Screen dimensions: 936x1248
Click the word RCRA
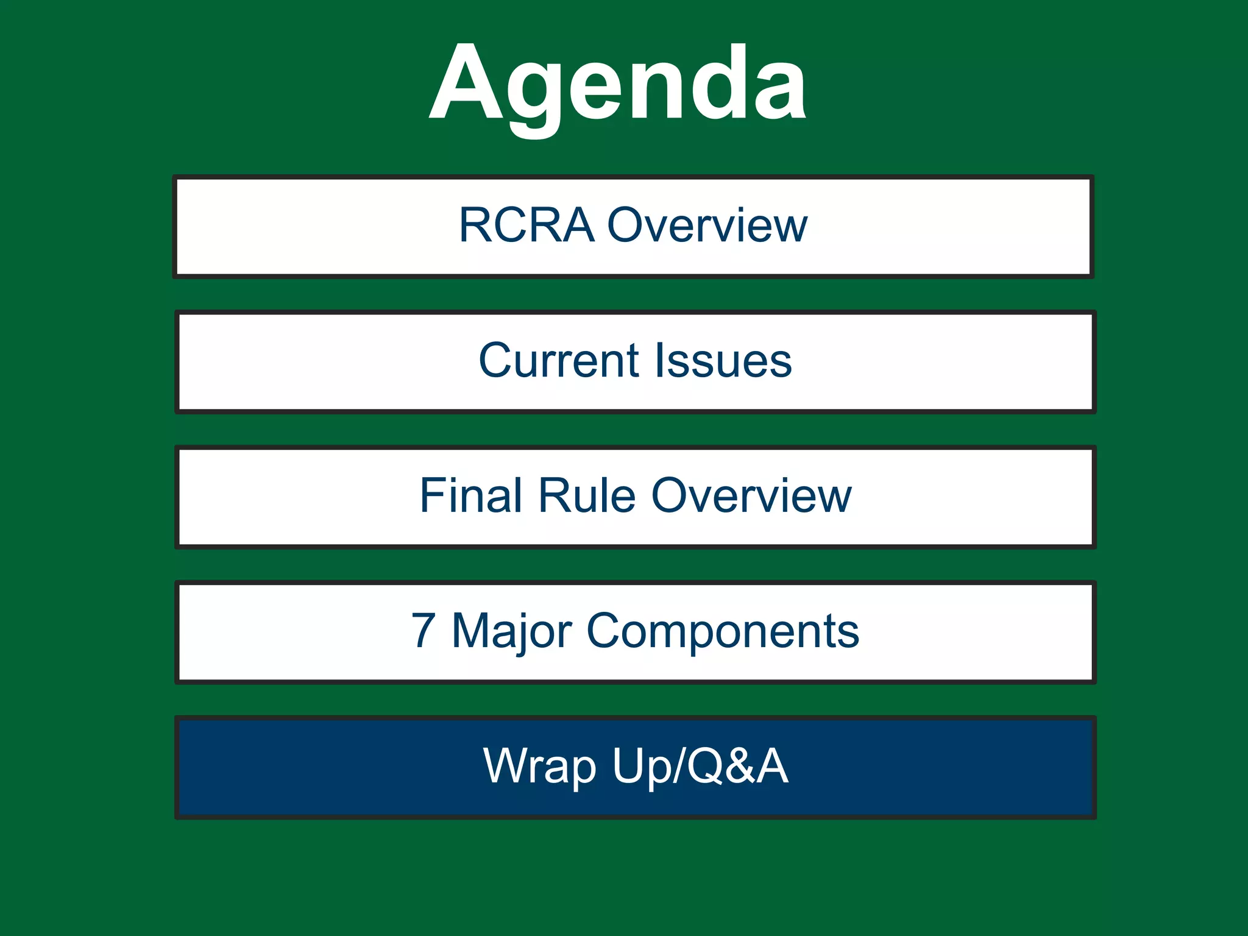click(x=526, y=225)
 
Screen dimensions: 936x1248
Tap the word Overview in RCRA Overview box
click(x=707, y=225)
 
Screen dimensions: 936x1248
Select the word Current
click(x=558, y=361)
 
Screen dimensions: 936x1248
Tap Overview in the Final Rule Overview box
click(x=751, y=496)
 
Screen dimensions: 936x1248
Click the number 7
click(x=424, y=631)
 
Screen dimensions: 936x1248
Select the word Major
click(x=512, y=631)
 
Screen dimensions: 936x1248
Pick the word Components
click(x=723, y=631)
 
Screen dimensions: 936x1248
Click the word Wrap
click(x=539, y=767)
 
